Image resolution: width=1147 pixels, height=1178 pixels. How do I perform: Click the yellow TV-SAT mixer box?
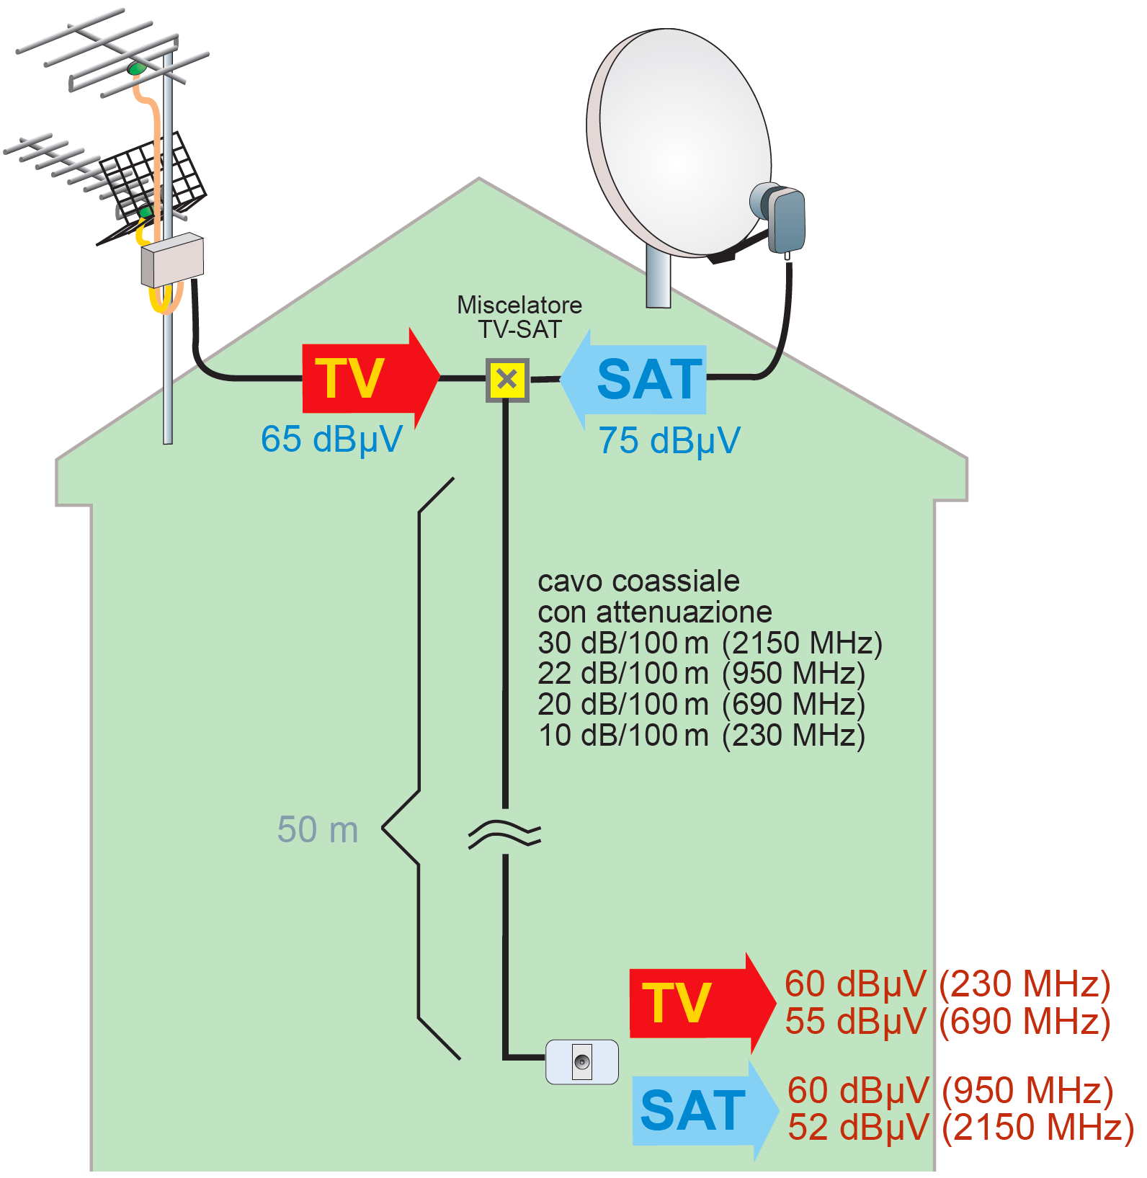click(507, 380)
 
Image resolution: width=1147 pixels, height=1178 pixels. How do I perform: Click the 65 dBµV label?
click(331, 439)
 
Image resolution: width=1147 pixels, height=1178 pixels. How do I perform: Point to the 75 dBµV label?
click(669, 440)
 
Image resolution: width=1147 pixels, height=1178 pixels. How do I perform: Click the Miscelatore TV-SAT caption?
click(519, 317)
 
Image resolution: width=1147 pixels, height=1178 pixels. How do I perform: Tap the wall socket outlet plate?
click(581, 1061)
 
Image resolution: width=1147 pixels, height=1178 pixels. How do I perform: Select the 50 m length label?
click(318, 829)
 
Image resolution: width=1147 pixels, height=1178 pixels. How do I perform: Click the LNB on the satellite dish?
click(782, 216)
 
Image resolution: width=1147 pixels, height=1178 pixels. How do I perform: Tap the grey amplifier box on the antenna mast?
click(172, 260)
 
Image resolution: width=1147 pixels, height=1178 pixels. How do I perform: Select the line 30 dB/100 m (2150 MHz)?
click(710, 643)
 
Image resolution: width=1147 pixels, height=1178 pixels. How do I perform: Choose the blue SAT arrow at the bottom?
click(702, 1110)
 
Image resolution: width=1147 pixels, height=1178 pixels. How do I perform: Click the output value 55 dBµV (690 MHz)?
click(947, 1021)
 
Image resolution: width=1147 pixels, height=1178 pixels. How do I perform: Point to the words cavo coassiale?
click(638, 581)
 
